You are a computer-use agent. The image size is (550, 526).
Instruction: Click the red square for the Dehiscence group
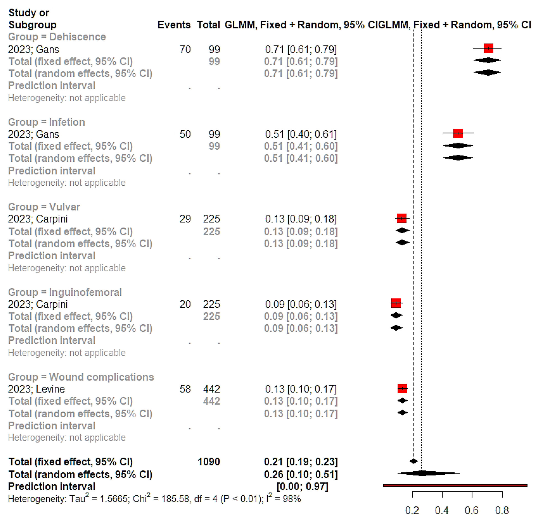pos(488,48)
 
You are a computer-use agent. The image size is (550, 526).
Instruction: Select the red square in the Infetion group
pos(458,133)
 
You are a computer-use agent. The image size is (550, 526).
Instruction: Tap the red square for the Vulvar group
pos(402,218)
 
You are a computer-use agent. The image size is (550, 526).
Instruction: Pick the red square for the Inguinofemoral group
pos(396,303)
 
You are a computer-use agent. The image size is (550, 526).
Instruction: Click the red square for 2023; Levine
pos(402,388)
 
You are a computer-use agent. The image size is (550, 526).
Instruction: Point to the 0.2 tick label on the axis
pos(412,510)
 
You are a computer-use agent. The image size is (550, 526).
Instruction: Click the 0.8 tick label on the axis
pos(502,510)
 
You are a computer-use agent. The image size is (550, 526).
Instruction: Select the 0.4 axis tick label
pos(442,510)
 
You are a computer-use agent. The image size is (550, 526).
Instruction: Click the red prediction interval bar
pos(455,485)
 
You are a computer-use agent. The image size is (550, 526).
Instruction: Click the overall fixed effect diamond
pos(414,461)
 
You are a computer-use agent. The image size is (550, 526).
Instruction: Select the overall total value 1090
pos(208,462)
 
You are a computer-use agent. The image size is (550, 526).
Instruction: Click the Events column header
pos(174,25)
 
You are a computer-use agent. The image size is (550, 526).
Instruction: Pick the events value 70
pos(185,49)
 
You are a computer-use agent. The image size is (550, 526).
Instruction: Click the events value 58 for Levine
pos(185,389)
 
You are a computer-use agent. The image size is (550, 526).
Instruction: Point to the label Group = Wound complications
pos(81,377)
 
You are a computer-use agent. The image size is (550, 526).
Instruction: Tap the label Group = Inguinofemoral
pos(65,292)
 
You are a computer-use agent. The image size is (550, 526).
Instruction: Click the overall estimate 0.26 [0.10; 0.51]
pos(301,474)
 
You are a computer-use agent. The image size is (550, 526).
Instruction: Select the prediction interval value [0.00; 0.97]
pos(302,486)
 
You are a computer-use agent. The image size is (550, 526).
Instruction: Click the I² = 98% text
pos(283,499)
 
